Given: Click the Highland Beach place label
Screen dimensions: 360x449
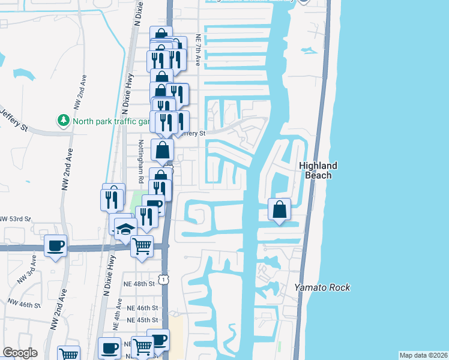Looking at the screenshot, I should pyautogui.click(x=318, y=170).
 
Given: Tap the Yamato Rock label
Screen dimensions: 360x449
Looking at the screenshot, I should pyautogui.click(x=322, y=287).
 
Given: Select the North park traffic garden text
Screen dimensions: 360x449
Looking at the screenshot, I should pyautogui.click(x=110, y=121).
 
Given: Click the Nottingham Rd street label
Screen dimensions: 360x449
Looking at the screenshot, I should pyautogui.click(x=141, y=161).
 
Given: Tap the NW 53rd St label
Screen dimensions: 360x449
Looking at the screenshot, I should pyautogui.click(x=15, y=219).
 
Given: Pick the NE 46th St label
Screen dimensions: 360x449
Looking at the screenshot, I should pyautogui.click(x=142, y=308).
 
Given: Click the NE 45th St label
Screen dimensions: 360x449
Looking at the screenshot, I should pyautogui.click(x=142, y=320).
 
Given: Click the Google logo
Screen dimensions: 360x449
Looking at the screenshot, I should pyautogui.click(x=20, y=353).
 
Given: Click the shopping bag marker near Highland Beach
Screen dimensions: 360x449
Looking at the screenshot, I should pyautogui.click(x=280, y=210).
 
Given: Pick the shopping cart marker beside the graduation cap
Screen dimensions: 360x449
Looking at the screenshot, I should pyautogui.click(x=142, y=246).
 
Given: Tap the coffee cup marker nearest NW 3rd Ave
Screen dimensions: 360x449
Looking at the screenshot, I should pyautogui.click(x=56, y=246).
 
